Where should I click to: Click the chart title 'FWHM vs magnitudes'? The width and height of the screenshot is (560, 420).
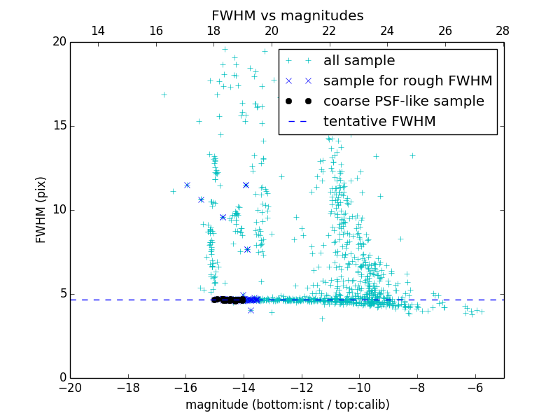coord(287,15)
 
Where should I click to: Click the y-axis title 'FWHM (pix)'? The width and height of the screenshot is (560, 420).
coord(41,209)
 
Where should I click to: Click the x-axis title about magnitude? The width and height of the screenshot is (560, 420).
coord(287,405)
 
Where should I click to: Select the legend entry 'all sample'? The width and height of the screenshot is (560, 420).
coord(358,61)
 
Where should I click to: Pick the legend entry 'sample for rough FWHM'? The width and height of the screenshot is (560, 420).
coord(407,81)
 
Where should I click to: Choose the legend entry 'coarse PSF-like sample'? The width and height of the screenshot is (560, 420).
coord(403,101)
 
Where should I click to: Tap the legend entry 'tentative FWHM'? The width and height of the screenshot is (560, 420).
coord(379,122)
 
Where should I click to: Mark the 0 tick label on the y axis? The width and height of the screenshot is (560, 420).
coord(61,378)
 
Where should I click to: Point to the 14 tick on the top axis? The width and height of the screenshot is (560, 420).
coord(99,31)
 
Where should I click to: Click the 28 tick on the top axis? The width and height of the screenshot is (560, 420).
coord(503,31)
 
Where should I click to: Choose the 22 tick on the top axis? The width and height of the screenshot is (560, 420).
coord(330,31)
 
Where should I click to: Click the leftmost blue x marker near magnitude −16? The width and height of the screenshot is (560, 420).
coord(187,185)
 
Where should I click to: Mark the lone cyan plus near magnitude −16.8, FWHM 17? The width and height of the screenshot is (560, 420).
coord(164,94)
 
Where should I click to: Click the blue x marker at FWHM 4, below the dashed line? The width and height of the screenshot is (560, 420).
coord(251,310)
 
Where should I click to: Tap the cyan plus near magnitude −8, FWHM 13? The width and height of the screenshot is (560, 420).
coord(412,155)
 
